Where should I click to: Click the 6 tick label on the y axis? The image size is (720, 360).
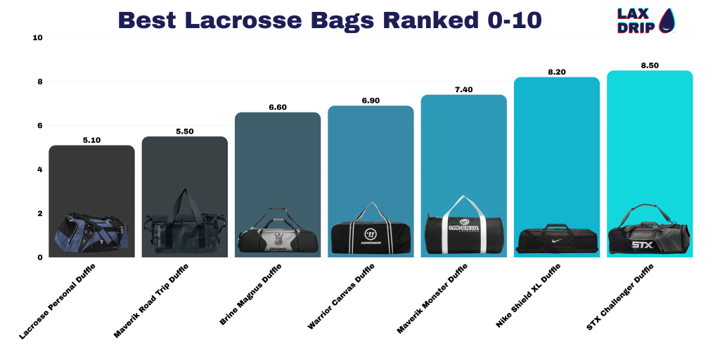40,125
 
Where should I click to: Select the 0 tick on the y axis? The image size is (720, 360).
40,257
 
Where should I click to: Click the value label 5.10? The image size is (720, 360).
91,140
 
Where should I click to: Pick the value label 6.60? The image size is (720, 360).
277,107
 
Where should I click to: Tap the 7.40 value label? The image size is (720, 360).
463,89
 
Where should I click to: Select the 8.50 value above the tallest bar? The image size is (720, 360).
650,65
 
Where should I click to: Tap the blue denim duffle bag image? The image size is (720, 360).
91,235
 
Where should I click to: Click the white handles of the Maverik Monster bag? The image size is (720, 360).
463,205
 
